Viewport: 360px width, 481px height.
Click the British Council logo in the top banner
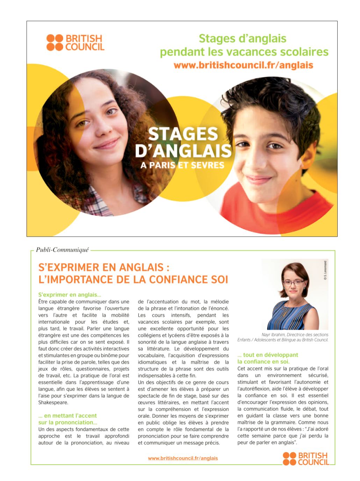coord(75,42)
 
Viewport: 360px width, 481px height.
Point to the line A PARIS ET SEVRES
coord(182,165)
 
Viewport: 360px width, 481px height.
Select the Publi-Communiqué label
coord(62,250)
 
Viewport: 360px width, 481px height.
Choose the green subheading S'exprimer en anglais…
coord(70,295)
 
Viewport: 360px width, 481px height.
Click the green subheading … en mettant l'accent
coord(68,416)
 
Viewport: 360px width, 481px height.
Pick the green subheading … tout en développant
coord(268,355)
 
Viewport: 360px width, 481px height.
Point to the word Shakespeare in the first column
coord(53,402)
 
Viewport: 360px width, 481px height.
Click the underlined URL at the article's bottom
coord(183,458)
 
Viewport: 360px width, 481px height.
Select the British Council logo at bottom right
coord(306,459)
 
